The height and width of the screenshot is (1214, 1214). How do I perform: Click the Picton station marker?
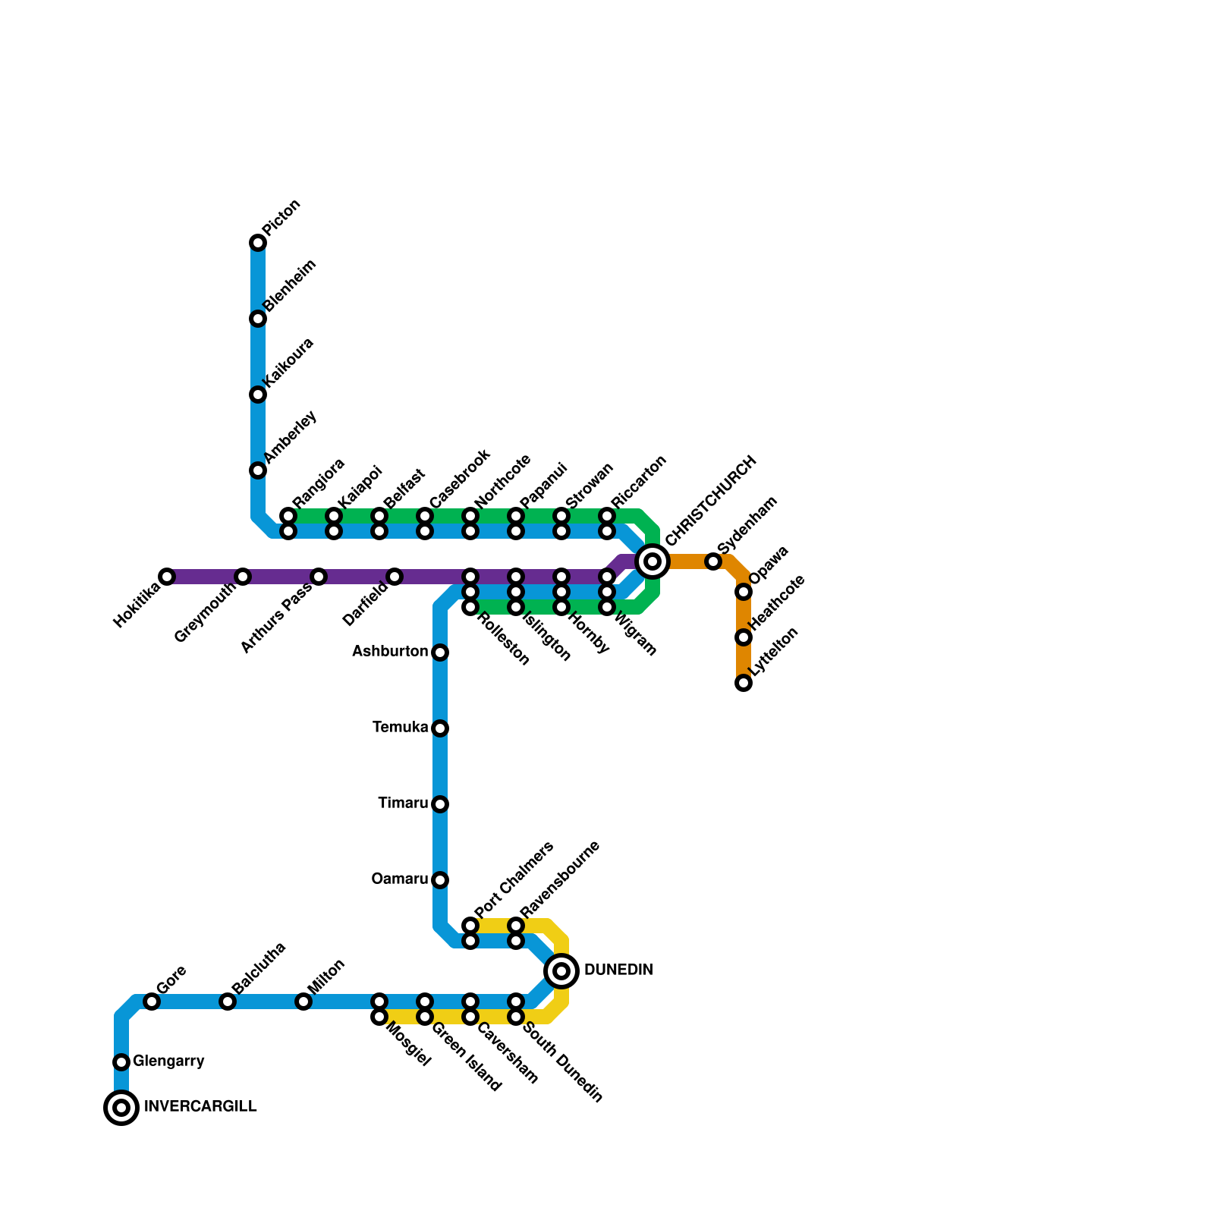pos(258,243)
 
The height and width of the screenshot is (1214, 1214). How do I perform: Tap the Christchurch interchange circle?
pos(653,561)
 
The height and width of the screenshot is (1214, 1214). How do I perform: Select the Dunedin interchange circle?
pos(561,971)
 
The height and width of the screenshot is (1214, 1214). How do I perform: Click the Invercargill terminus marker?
pos(121,1108)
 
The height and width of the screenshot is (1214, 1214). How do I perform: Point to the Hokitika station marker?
pos(167,577)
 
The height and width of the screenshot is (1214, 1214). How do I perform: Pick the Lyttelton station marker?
pos(744,683)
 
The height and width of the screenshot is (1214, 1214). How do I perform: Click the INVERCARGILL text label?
pos(200,1107)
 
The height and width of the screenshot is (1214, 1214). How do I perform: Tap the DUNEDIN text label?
pos(618,970)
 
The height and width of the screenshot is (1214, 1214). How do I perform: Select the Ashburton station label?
pos(390,652)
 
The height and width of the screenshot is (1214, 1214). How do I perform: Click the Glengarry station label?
pos(168,1061)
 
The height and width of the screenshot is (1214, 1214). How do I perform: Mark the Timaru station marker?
pos(440,804)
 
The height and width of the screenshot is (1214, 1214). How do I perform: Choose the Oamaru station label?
pos(399,879)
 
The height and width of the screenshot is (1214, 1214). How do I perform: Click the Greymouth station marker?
pos(243,577)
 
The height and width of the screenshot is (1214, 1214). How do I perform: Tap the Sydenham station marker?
pos(713,561)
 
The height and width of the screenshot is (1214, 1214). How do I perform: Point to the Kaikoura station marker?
pos(258,395)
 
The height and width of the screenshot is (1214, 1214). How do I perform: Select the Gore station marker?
pos(152,1002)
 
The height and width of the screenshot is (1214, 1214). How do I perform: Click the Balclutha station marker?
pos(228,1002)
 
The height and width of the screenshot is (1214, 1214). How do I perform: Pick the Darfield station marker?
pos(395,577)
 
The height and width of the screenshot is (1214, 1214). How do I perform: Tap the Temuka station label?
pos(400,728)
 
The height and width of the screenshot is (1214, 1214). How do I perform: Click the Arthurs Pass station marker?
pos(319,577)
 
